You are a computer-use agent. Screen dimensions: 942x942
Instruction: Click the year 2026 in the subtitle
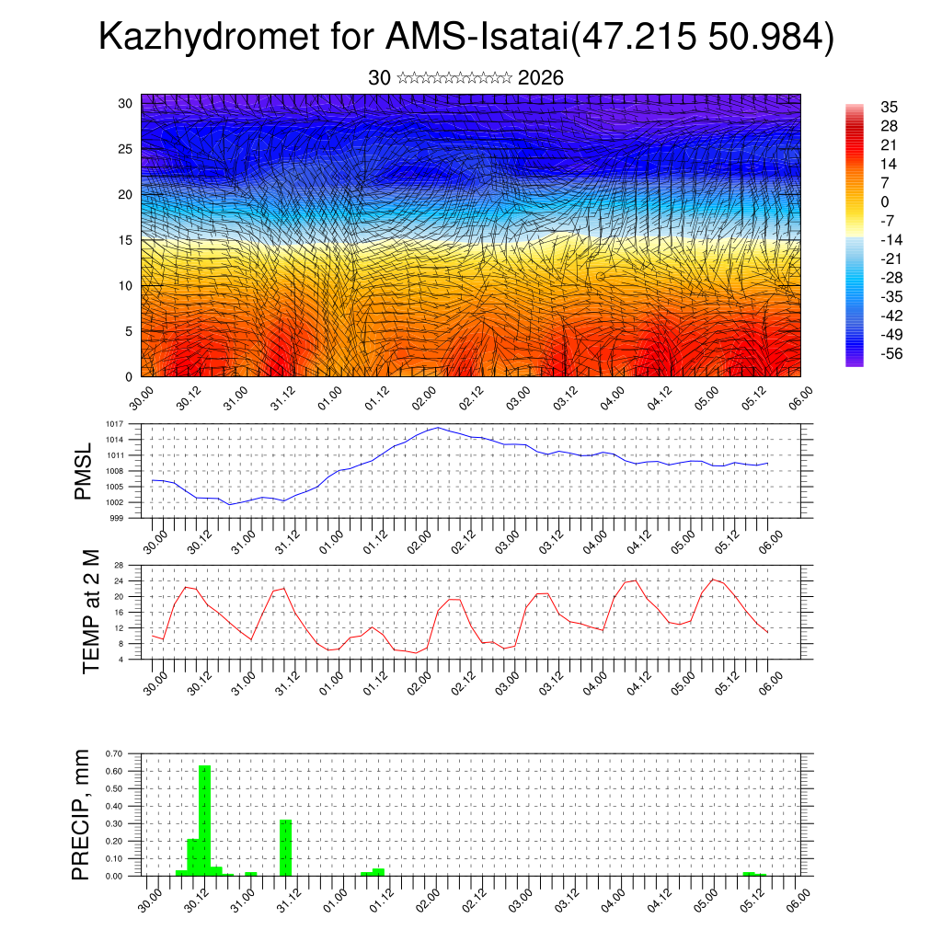(541, 78)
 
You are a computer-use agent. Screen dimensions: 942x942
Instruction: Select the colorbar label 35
(889, 107)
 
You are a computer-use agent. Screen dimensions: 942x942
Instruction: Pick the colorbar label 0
(885, 201)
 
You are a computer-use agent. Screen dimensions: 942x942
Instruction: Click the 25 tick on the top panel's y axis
(127, 148)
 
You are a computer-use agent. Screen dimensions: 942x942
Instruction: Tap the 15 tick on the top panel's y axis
(127, 240)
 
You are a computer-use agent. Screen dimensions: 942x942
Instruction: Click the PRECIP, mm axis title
(84, 814)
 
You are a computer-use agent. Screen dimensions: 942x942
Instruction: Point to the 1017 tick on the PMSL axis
(114, 424)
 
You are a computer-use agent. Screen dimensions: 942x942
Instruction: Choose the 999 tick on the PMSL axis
(117, 518)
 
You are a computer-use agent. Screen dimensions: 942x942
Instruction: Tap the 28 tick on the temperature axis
(119, 565)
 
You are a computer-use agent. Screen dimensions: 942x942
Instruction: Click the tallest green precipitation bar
(205, 819)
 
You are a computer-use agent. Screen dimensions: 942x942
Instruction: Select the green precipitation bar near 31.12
(285, 846)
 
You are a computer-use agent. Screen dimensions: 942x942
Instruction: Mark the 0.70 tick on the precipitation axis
(115, 753)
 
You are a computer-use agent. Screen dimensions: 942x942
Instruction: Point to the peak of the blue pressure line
(438, 428)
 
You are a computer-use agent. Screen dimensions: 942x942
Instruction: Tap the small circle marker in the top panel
(601, 276)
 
